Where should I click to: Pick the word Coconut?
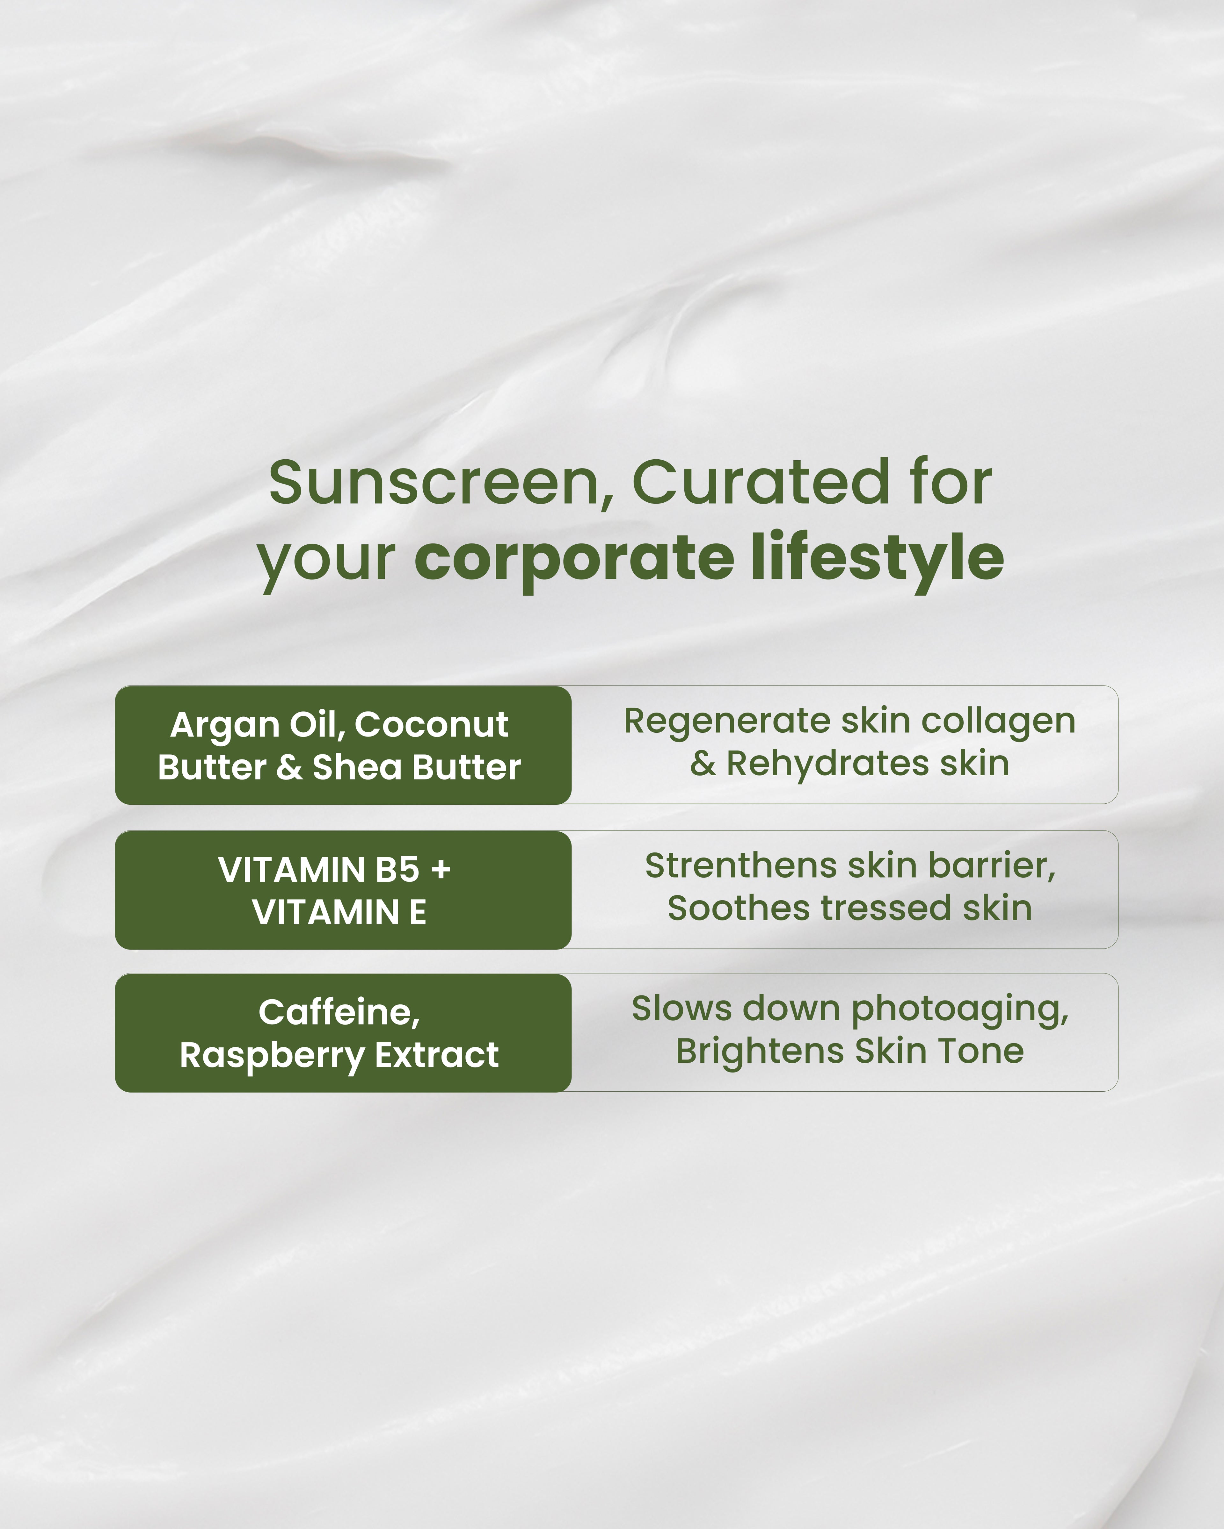coord(431,725)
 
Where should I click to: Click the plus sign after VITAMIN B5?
coord(441,869)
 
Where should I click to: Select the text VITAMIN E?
coord(339,912)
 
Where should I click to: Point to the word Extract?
coord(436,1055)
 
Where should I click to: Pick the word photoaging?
coord(959,1009)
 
